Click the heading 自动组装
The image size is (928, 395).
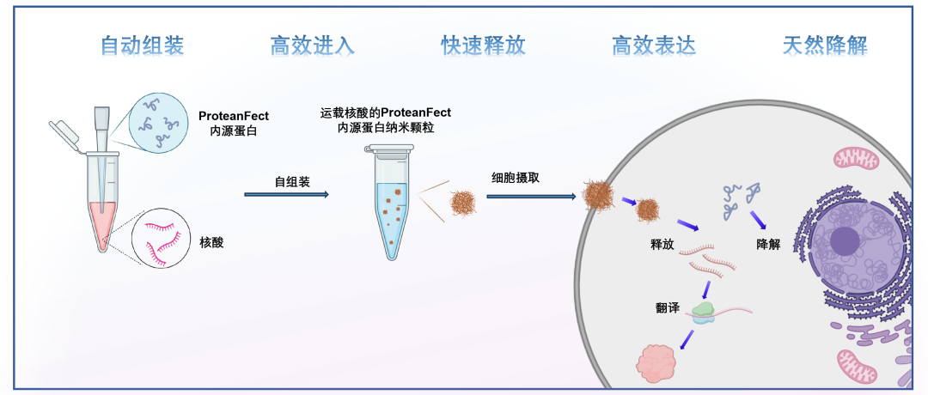(x=142, y=46)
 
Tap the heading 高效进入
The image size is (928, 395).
(x=312, y=46)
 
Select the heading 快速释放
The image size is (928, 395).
(x=483, y=46)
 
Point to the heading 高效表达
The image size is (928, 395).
(x=654, y=46)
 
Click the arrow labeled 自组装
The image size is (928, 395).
(x=286, y=195)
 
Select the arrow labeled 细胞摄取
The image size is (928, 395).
(x=531, y=196)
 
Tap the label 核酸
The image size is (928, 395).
(x=211, y=243)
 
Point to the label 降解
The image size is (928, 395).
(x=767, y=244)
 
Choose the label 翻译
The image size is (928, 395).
(x=668, y=308)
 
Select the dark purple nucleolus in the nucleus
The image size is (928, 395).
(x=846, y=242)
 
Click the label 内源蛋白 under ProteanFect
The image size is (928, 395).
(x=222, y=131)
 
